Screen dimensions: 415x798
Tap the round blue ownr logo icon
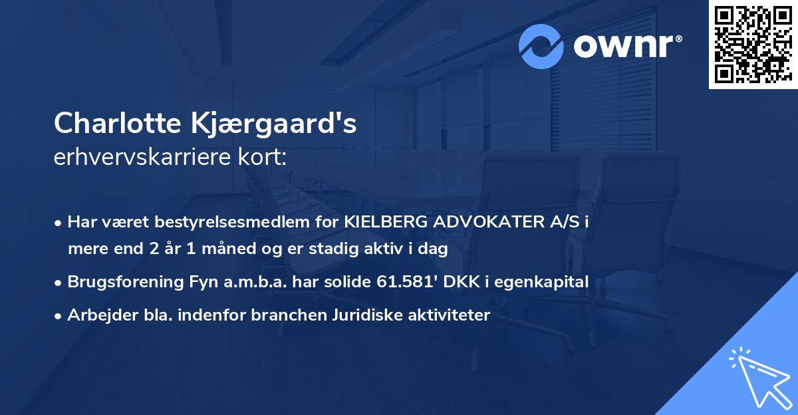(542, 47)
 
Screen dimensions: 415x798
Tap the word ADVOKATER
(489, 223)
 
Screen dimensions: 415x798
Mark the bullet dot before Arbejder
(60, 316)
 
